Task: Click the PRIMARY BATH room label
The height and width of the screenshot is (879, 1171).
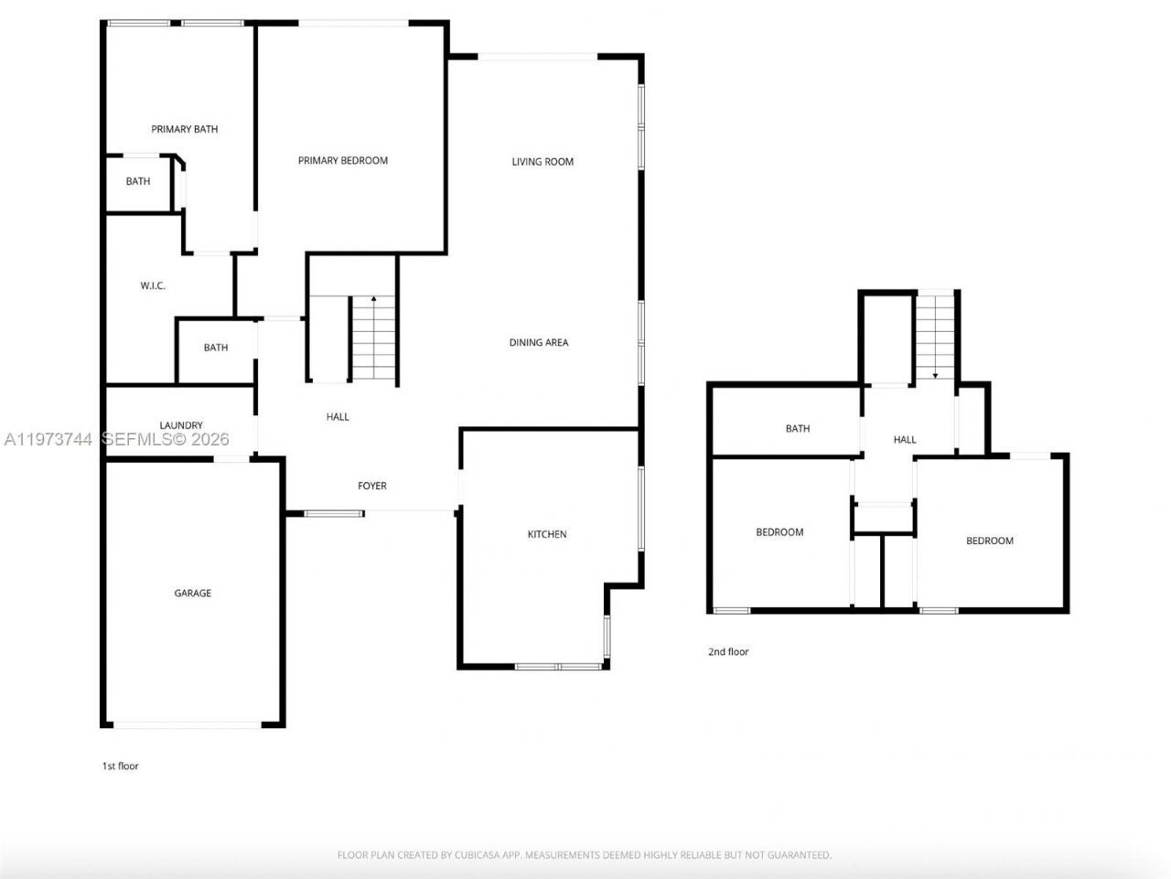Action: tap(185, 129)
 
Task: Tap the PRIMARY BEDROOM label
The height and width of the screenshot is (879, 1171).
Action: tap(343, 160)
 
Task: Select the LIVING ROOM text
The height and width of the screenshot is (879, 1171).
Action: tap(543, 162)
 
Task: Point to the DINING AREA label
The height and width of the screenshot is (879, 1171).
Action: tap(539, 342)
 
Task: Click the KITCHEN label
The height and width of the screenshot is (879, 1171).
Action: tap(547, 534)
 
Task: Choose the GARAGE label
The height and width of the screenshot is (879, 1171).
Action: tap(193, 594)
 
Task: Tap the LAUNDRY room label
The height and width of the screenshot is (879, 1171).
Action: tap(181, 425)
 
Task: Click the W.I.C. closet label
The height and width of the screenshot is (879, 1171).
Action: tap(153, 286)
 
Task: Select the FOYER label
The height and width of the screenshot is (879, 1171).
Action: tap(372, 486)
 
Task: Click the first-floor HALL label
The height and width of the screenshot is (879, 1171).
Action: tap(338, 417)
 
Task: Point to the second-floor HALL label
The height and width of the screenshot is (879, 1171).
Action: tap(905, 440)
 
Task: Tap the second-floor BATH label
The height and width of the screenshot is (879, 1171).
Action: tap(798, 428)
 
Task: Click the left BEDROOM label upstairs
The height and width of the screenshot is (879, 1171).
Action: tap(779, 532)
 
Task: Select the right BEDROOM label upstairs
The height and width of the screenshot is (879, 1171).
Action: tap(990, 541)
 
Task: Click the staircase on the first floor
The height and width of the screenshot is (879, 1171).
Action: tap(373, 338)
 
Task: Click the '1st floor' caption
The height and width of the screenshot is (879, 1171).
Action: tap(120, 766)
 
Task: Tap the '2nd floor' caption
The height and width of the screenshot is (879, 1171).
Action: tap(728, 651)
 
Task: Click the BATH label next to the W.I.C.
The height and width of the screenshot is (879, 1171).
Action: tap(216, 348)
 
